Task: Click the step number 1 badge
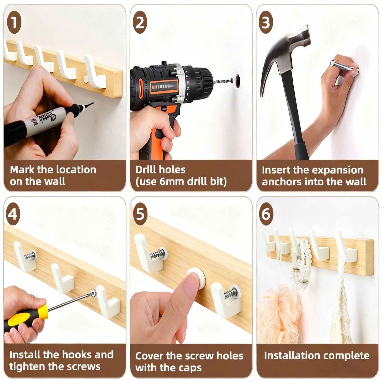pos(14,22)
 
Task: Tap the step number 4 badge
pos(13,214)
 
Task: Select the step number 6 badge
pos(266,214)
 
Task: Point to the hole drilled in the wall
pos(238,81)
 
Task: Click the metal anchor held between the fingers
pos(344,66)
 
